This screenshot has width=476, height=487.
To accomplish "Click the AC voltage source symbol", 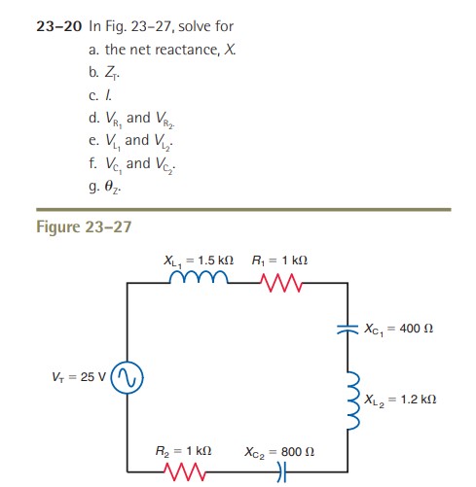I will [x=127, y=377].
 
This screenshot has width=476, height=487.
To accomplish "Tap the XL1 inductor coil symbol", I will [x=198, y=282].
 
